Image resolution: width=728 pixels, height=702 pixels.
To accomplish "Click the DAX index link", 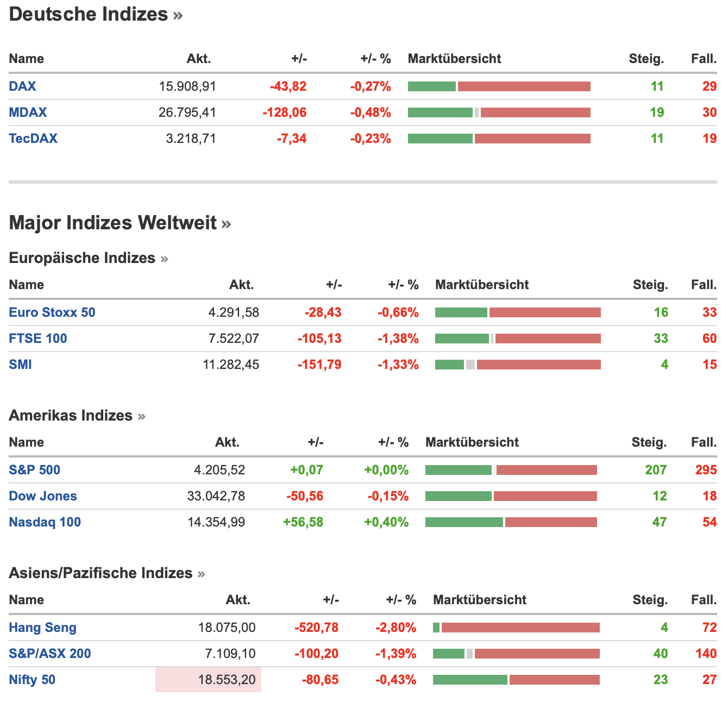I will [x=22, y=86].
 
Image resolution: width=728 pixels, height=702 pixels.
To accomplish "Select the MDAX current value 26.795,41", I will [x=187, y=112].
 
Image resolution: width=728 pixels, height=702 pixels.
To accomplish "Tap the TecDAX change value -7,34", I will [x=292, y=139].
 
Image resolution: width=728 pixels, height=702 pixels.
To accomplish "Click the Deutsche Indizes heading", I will [x=89, y=14].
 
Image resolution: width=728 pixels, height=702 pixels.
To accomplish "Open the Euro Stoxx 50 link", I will [x=52, y=312].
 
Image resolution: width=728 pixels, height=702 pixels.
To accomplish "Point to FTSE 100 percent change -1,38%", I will [x=398, y=339].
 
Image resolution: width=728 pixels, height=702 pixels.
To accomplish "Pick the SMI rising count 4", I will [x=664, y=365].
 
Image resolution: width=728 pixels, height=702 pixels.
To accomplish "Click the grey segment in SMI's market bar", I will [x=470, y=365].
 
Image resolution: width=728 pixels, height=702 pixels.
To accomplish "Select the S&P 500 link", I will [x=34, y=470].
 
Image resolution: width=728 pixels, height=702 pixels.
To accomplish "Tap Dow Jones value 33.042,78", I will [x=216, y=496].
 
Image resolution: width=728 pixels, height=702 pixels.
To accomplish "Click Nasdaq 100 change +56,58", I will [x=303, y=522].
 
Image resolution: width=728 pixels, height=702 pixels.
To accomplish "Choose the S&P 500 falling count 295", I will [x=706, y=470].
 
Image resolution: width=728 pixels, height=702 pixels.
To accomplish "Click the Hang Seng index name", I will [x=42, y=628].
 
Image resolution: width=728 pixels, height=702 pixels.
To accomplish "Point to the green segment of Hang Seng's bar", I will [x=436, y=628].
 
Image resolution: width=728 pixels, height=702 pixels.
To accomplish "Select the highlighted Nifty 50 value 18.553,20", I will [x=227, y=680].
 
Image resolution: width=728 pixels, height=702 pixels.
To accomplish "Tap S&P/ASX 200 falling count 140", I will [x=706, y=654].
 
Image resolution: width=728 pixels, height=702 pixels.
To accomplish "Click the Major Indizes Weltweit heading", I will [x=113, y=223].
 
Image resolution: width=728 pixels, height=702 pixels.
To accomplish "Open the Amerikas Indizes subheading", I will [x=71, y=416].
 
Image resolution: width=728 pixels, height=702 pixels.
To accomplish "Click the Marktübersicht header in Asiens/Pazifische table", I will [x=479, y=600].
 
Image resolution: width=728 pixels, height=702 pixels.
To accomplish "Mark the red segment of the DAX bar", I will [x=524, y=86].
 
